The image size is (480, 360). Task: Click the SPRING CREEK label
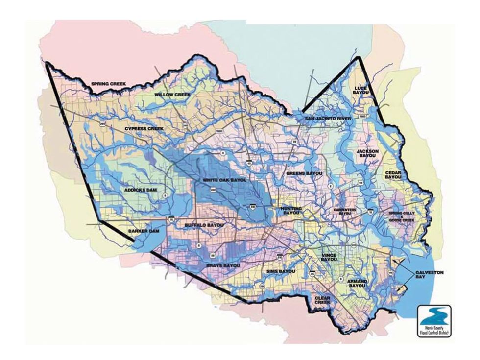[108, 84]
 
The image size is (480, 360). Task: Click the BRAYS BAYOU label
[222, 265]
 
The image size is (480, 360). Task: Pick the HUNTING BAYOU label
[291, 210]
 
